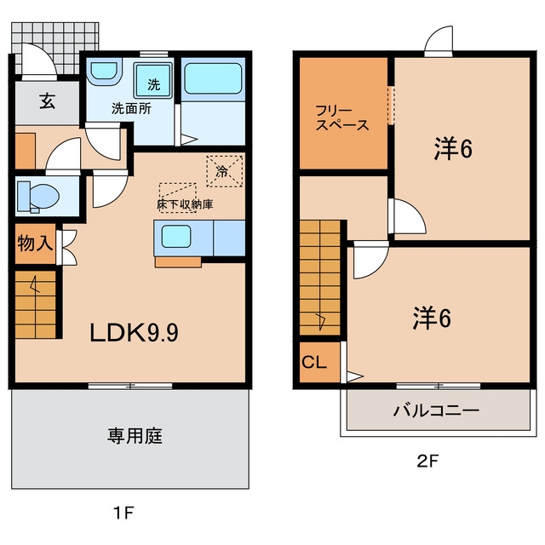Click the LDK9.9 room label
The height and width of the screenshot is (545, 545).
pos(135,333)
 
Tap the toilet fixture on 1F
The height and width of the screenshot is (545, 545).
pos(38,197)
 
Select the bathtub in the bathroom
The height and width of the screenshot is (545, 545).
pos(213,78)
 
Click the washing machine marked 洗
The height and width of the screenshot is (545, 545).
pos(153,80)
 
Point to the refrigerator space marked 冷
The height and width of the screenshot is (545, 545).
pos(225,171)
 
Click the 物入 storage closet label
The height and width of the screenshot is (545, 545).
pos(35,243)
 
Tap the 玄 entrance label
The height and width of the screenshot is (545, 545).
pos(47,101)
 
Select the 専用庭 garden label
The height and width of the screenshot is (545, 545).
pos(135,436)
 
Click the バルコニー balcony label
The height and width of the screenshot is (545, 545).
pos(436,410)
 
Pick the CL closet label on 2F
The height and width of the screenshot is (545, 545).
pos(314,363)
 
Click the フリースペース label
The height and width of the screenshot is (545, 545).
pos(342,118)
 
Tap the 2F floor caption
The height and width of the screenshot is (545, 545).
pos(427,462)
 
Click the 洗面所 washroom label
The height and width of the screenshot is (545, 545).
pos(131,109)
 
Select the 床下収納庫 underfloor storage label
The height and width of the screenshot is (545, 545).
pos(185,204)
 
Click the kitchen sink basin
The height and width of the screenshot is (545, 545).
pos(176,237)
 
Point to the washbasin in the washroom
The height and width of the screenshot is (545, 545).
pos(104,72)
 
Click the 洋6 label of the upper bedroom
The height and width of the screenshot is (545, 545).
pos(453,149)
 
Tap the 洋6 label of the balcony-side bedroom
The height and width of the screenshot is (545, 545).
pos(432,318)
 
